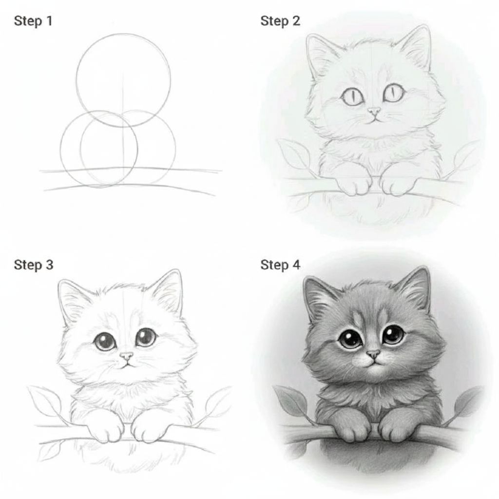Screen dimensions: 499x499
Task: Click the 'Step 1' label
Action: pyautogui.click(x=33, y=21)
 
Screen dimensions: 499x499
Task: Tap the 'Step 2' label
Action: pyautogui.click(x=280, y=21)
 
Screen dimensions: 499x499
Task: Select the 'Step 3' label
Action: pyautogui.click(x=34, y=265)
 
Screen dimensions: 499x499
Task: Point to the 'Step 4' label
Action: pyautogui.click(x=280, y=265)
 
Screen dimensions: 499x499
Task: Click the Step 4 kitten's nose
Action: pyautogui.click(x=373, y=353)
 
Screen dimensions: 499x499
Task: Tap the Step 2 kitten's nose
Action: pyautogui.click(x=374, y=111)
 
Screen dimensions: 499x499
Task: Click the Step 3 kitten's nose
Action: pyautogui.click(x=127, y=355)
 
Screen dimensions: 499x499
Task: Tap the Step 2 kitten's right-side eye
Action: pyautogui.click(x=393, y=93)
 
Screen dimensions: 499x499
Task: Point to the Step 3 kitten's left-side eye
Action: pyautogui.click(x=104, y=342)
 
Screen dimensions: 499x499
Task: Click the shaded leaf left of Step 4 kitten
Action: pyautogui.click(x=291, y=401)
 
